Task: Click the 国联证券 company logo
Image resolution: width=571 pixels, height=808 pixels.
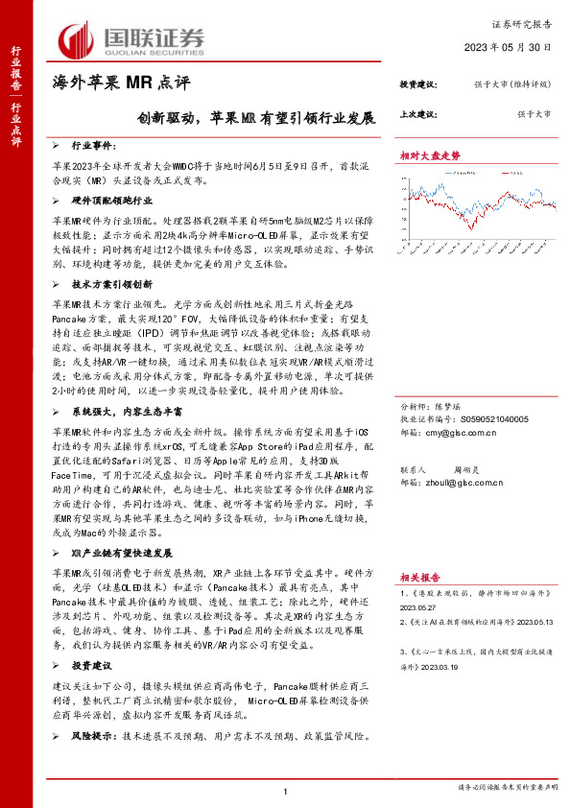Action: pos(133,41)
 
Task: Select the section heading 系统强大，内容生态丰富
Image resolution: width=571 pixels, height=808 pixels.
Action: pos(125,411)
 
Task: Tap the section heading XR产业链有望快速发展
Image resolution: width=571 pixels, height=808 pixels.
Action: pos(122,553)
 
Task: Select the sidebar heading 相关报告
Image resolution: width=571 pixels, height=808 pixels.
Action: pos(419,578)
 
